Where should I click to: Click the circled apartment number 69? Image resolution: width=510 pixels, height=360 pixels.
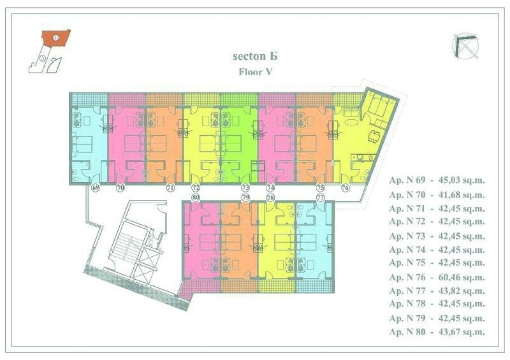[x=95, y=187]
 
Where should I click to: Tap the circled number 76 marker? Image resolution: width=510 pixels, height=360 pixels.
[x=345, y=187]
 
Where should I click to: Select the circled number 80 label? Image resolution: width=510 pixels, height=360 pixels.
[x=196, y=198]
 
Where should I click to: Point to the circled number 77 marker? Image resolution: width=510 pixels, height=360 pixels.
[x=321, y=198]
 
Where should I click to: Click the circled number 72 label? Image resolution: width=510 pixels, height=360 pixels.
[x=196, y=187]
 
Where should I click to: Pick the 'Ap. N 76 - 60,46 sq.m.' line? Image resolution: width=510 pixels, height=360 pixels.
[x=437, y=277]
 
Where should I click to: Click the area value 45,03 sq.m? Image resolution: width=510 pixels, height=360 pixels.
[x=462, y=180]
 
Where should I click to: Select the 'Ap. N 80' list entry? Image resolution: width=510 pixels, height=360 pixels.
[x=407, y=332]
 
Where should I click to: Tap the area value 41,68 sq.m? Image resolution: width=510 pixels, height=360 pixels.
[x=462, y=195]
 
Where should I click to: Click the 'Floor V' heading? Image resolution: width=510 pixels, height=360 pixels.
[x=256, y=71]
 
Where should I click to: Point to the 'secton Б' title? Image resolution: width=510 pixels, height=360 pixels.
[x=256, y=56]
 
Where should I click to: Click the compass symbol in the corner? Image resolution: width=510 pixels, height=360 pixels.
[x=465, y=47]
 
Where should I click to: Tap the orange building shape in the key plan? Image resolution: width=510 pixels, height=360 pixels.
[x=56, y=38]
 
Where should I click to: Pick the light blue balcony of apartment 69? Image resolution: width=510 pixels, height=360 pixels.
[x=89, y=99]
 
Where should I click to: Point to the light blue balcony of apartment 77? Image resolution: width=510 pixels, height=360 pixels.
[x=314, y=285]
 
